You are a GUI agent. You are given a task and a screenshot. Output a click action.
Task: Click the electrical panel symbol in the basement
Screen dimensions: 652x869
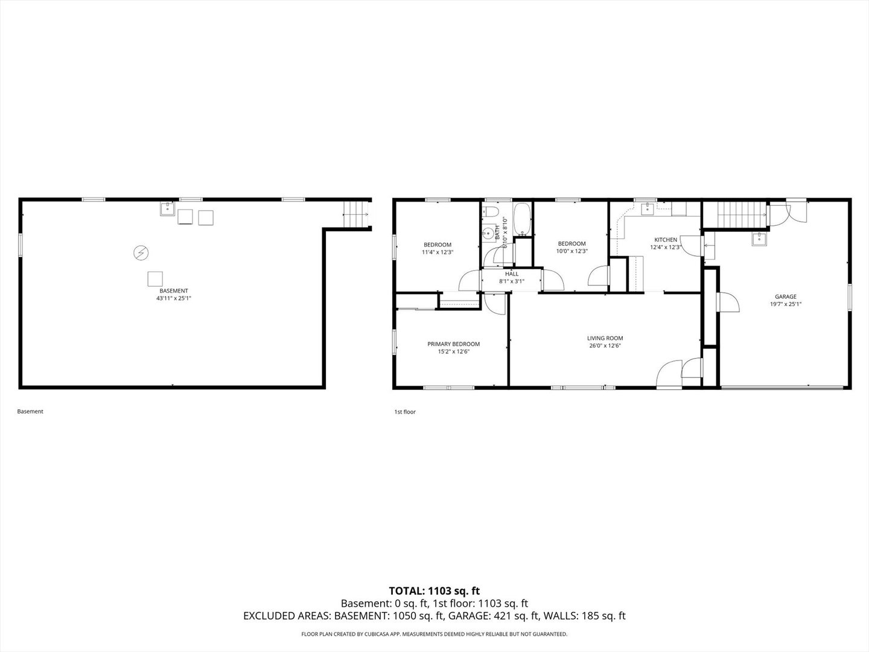coord(141,252)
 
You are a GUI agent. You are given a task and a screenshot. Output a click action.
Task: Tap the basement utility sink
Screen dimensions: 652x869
coord(167,209)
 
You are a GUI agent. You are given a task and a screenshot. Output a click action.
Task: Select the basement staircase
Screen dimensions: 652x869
coord(355,214)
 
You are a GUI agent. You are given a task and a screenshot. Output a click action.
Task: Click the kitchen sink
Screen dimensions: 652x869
coord(649,209)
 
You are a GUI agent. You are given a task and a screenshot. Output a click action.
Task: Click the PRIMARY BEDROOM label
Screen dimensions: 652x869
coord(453,344)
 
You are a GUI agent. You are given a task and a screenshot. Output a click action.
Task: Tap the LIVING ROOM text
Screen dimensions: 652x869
coord(605,338)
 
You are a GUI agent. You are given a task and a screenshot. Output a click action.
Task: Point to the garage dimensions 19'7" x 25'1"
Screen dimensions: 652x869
coord(785,304)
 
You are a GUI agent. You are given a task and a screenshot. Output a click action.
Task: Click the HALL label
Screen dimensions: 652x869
coord(511,274)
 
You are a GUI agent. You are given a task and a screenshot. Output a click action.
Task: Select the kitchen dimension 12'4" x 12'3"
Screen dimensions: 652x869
coord(665,247)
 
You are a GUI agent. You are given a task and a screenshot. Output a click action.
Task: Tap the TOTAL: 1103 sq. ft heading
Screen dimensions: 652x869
coord(434,591)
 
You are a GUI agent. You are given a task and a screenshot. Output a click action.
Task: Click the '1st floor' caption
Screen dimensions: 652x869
coord(405,412)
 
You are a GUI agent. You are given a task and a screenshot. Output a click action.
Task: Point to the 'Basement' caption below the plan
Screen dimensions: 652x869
coord(30,411)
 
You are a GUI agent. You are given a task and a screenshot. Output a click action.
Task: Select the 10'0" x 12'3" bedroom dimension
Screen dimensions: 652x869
coord(571,251)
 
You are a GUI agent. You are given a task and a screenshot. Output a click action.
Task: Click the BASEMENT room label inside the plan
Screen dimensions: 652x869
coord(173,290)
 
